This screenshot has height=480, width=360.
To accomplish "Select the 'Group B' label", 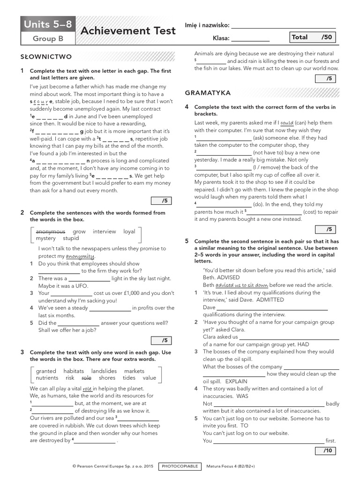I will pyautogui.click(x=47, y=38).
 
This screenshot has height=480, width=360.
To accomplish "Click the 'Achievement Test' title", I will pyautogui.click(x=128, y=31).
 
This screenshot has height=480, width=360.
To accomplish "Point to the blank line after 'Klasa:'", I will pyautogui.click(x=250, y=40).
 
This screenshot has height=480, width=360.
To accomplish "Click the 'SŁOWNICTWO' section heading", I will pyautogui.click(x=46, y=57).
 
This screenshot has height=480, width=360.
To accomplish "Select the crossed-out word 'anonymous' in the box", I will pyautogui.click(x=51, y=232).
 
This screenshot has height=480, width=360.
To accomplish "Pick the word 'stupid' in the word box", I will pyautogui.click(x=71, y=238).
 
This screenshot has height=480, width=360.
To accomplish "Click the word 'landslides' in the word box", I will pyautogui.click(x=104, y=371).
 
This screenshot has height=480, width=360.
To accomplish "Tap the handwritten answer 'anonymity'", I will pyautogui.click(x=80, y=256).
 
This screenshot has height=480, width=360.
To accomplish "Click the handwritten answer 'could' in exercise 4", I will pyautogui.click(x=286, y=123).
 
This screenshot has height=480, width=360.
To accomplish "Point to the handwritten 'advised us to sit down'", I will pyautogui.click(x=242, y=285).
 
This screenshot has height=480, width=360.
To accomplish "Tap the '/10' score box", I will pyautogui.click(x=326, y=450).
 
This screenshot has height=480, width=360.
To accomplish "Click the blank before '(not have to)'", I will pyautogui.click(x=224, y=153).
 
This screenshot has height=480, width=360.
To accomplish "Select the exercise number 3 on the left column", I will pyautogui.click(x=22, y=352).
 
